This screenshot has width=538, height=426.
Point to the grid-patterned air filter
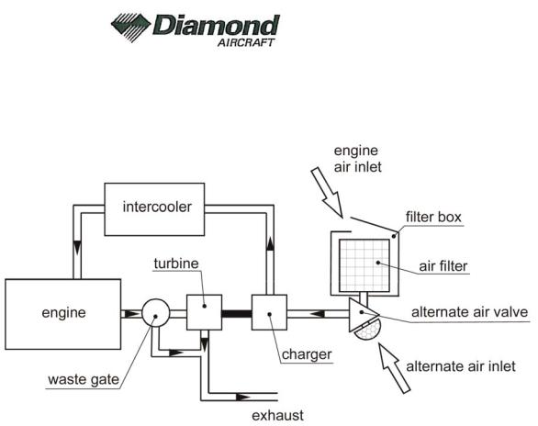pyautogui.click(x=364, y=265)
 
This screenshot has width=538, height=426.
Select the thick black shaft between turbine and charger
pyautogui.click(x=237, y=314)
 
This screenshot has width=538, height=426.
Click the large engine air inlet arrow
pyautogui.click(x=327, y=193)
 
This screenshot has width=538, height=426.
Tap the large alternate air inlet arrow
pyautogui.click(x=394, y=367)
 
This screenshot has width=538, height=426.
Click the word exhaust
pyautogui.click(x=277, y=416)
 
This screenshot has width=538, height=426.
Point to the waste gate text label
pyautogui.click(x=84, y=380)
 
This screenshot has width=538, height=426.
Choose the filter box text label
pyautogui.click(x=433, y=217)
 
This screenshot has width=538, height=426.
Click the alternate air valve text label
pyautogui.click(x=469, y=312)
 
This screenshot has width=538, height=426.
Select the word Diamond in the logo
pyautogui.click(x=216, y=25)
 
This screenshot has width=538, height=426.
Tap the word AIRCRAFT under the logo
pyautogui.click(x=246, y=42)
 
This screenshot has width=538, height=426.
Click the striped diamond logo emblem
pyautogui.click(x=130, y=28)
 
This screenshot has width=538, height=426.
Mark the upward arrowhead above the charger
pyautogui.click(x=270, y=243)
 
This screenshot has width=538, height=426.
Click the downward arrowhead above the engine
pyautogui.click(x=77, y=248)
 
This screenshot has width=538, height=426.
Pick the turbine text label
pyautogui.click(x=176, y=263)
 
